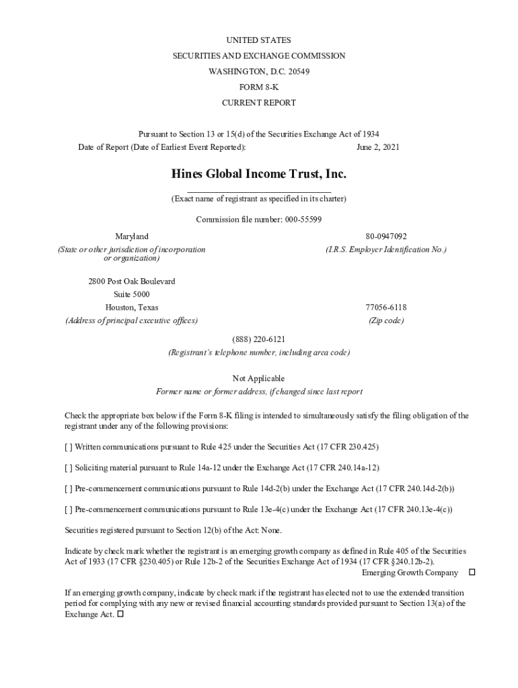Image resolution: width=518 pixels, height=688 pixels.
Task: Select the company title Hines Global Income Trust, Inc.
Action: pos(259,175)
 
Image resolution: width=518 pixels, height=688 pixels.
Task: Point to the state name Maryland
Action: pos(132,236)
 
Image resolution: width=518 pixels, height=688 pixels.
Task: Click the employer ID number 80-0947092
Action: pos(386,236)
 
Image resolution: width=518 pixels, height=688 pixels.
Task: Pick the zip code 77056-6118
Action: pos(386,308)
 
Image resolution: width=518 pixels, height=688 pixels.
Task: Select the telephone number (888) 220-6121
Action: pos(259,340)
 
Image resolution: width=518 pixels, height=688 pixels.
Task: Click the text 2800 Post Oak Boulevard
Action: pos(132,282)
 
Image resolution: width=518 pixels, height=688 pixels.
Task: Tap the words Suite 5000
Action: pos(132,294)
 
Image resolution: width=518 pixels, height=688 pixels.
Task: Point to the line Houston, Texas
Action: pos(132,308)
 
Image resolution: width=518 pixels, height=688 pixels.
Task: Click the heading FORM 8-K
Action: pos(259,87)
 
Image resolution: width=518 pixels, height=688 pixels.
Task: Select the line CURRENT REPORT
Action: pos(259,103)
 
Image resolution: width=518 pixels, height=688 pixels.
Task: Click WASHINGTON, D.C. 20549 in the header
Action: pos(259,72)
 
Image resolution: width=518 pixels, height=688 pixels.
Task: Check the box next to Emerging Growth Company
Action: pos(472,572)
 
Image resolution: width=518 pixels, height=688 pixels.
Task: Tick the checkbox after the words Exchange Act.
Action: pos(120,614)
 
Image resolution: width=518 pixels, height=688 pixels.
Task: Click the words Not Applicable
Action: pos(259,379)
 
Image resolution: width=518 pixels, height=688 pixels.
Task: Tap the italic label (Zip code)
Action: pos(386,320)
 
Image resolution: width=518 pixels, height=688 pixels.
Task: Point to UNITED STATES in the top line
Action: pos(259,40)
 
